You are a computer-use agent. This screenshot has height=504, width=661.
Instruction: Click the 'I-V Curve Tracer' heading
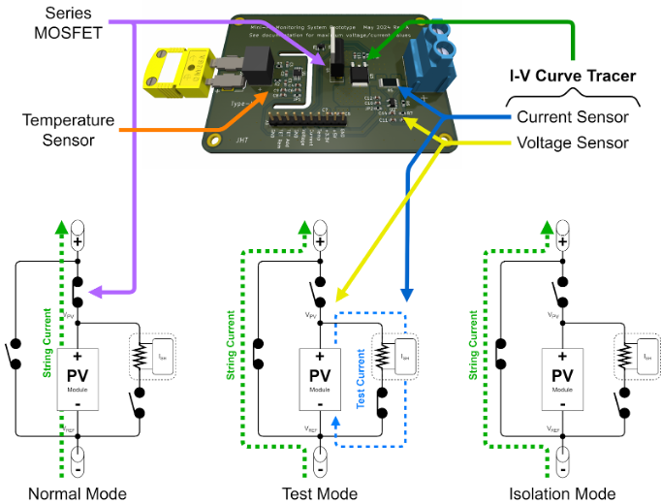[573, 75]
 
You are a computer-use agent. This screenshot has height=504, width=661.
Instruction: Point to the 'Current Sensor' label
[572, 117]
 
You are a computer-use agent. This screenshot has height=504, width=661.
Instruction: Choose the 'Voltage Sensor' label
[572, 142]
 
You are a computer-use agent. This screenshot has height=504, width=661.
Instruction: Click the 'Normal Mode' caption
[78, 493]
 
